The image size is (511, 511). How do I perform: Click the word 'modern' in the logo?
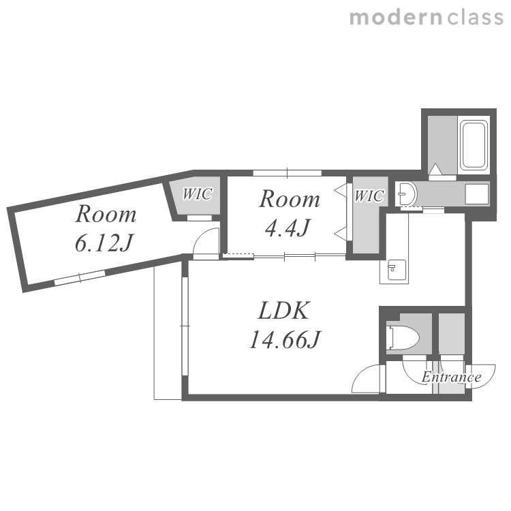(x=396, y=18)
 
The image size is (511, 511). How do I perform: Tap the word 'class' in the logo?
(x=475, y=18)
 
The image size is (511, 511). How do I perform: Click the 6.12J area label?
(x=104, y=243)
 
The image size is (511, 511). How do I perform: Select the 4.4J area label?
(x=287, y=228)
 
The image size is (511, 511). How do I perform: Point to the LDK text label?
(x=283, y=311)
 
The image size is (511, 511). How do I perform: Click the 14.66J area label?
(x=285, y=339)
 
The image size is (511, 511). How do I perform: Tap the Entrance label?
(x=451, y=377)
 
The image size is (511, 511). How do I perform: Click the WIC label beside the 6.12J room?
(x=197, y=194)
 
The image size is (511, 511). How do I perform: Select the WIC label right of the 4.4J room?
(x=369, y=196)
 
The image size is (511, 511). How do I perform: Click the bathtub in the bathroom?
(x=474, y=144)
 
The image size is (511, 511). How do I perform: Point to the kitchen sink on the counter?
(x=397, y=270)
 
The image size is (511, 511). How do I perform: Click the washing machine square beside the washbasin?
(x=477, y=194)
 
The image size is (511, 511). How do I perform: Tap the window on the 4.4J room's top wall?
(x=287, y=173)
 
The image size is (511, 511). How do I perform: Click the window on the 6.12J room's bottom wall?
(x=80, y=277)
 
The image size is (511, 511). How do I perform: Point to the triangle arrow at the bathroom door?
(x=435, y=170)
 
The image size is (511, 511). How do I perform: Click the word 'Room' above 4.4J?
(x=290, y=199)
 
